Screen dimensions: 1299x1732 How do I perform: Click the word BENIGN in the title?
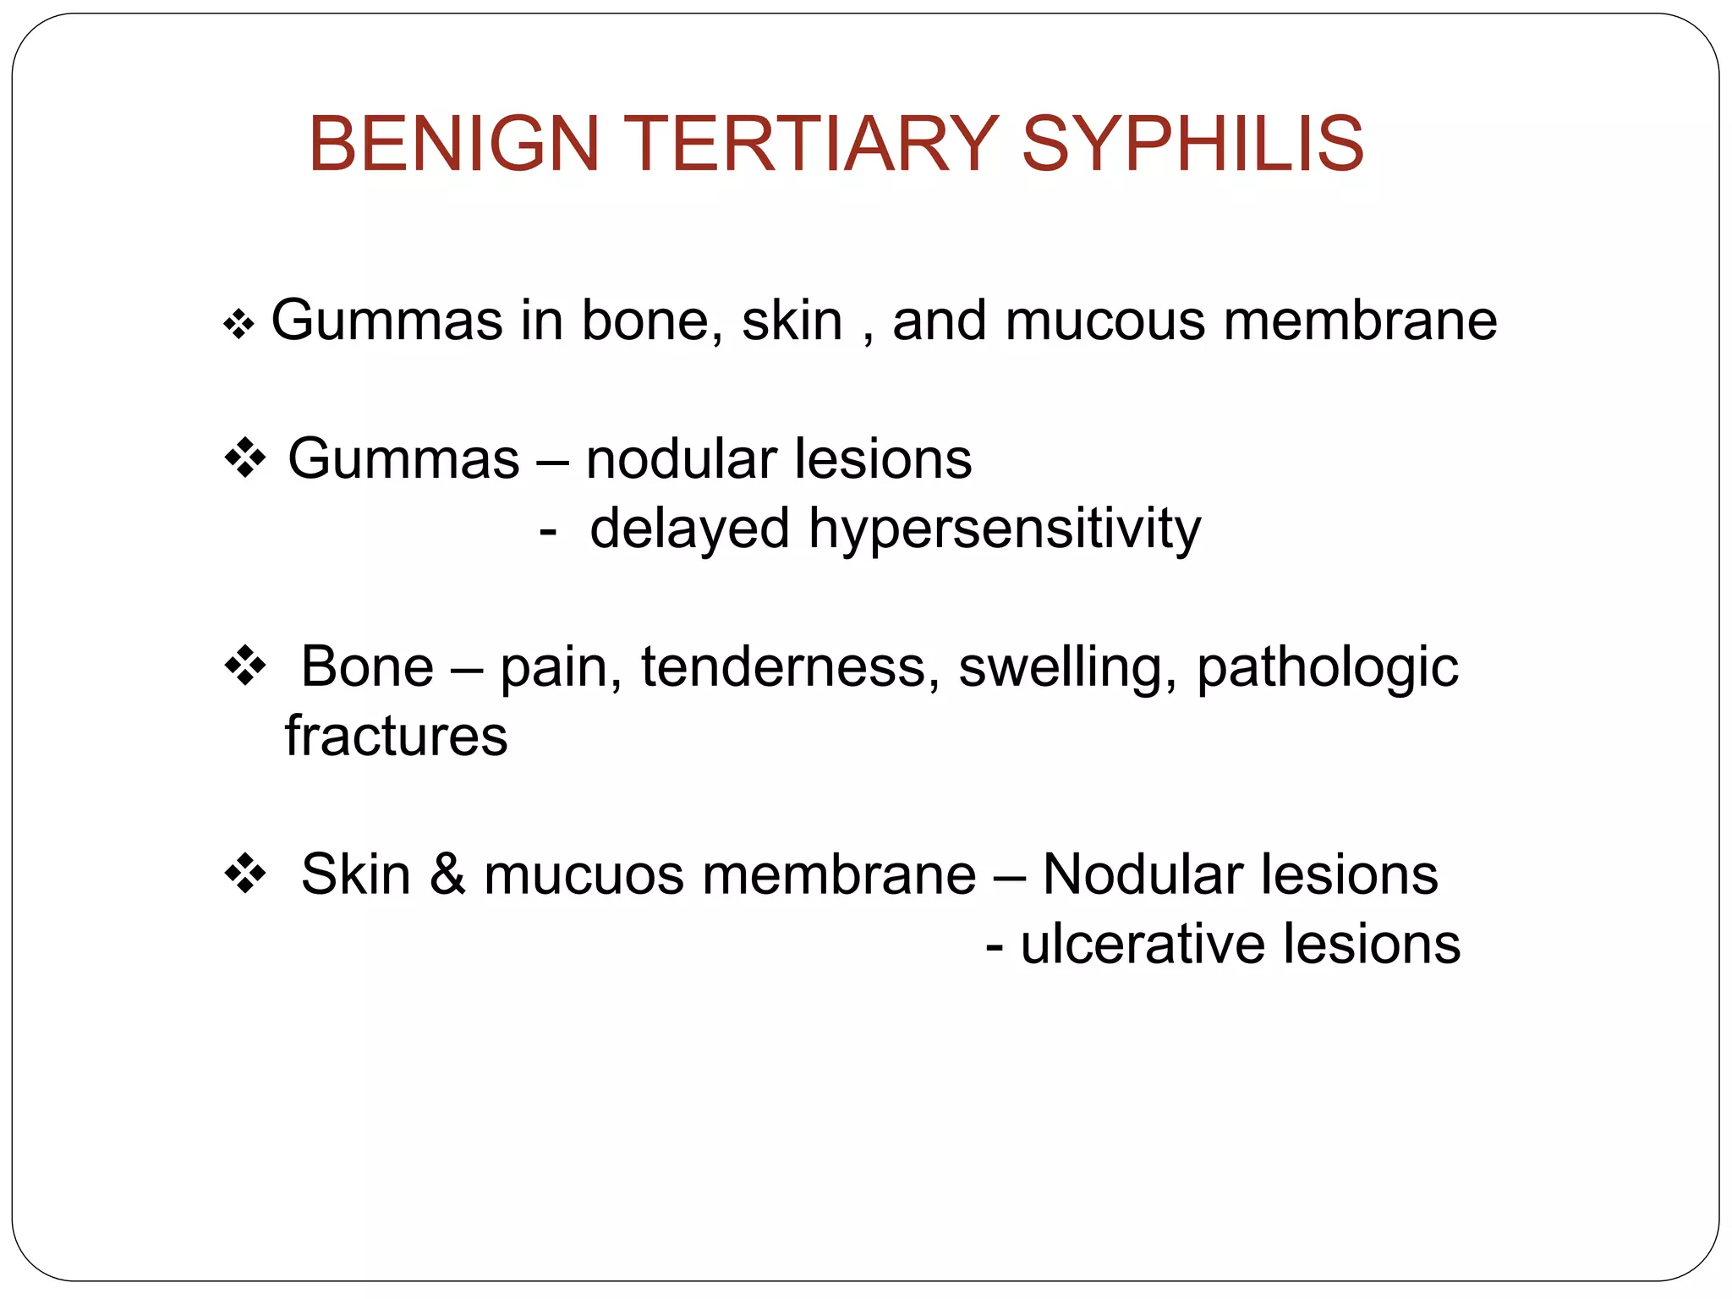pyautogui.click(x=454, y=144)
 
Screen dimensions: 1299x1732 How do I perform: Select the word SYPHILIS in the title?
pyautogui.click(x=1192, y=144)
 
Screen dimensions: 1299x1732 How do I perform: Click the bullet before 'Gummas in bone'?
pyautogui.click(x=239, y=324)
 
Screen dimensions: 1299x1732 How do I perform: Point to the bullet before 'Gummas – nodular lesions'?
pyautogui.click(x=245, y=459)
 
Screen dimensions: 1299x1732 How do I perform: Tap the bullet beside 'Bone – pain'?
pyautogui.click(x=245, y=666)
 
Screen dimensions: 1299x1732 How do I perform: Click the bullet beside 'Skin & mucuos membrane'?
pyautogui.click(x=245, y=874)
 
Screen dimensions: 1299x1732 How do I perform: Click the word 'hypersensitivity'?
pyautogui.click(x=1004, y=529)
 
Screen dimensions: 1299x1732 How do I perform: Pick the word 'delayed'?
pyautogui.click(x=689, y=529)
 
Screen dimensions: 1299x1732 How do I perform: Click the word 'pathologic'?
pyautogui.click(x=1327, y=668)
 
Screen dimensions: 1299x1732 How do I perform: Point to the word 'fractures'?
pyautogui.click(x=396, y=736)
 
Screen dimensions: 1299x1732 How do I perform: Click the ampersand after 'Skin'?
pyautogui.click(x=447, y=874)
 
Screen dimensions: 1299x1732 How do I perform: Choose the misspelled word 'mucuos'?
pyautogui.click(x=584, y=875)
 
